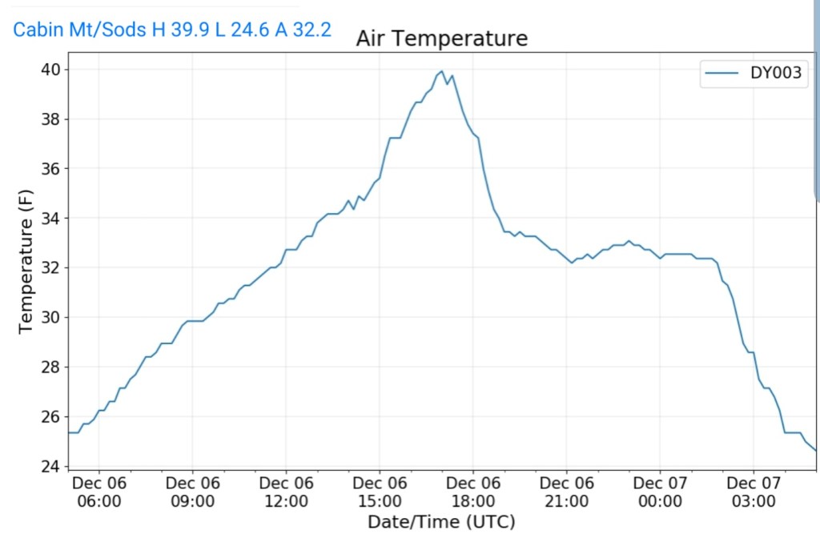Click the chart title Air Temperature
[441, 38]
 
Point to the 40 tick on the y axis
[50, 70]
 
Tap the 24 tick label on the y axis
[50, 466]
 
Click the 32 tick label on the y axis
[50, 267]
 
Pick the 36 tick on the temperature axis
[50, 169]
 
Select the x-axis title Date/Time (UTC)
[441, 522]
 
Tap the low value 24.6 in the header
[247, 30]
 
